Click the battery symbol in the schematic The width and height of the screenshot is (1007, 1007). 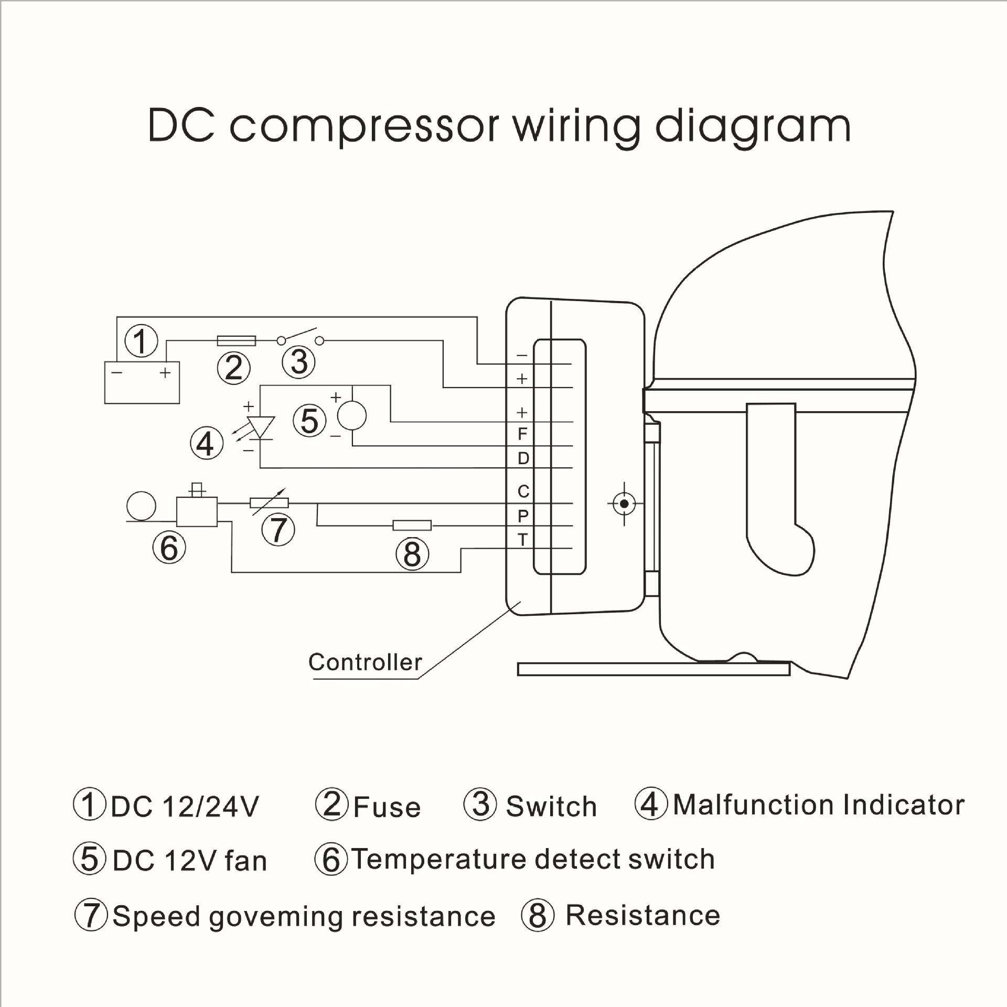(142, 382)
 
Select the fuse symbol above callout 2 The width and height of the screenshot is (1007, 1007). (237, 341)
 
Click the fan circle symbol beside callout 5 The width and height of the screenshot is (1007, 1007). (351, 416)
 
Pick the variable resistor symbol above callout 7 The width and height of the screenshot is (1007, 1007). (269, 503)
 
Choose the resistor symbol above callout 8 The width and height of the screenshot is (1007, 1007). (412, 525)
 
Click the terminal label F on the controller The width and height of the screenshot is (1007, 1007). (522, 434)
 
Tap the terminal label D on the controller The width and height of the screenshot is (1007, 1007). (523, 458)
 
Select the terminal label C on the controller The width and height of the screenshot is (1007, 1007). (523, 491)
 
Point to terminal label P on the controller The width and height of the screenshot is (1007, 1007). (522, 516)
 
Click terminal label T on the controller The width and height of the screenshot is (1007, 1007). (522, 539)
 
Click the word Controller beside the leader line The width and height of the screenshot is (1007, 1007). (365, 662)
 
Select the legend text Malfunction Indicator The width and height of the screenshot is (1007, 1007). (818, 805)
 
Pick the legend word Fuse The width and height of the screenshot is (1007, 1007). (387, 807)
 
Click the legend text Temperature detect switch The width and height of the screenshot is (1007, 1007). (533, 859)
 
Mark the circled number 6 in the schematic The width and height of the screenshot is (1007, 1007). (169, 548)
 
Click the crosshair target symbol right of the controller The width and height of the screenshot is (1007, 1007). (624, 504)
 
